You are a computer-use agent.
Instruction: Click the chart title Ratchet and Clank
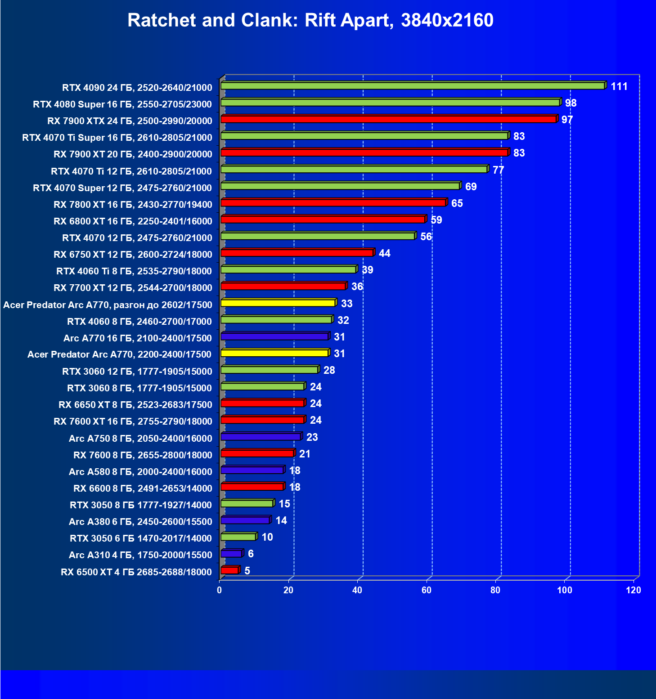click(x=310, y=20)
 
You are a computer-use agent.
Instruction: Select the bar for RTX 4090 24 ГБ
click(x=413, y=85)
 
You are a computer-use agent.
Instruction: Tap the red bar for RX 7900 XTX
click(x=388, y=119)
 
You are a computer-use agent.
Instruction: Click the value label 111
click(x=619, y=86)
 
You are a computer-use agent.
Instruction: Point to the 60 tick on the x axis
click(x=426, y=590)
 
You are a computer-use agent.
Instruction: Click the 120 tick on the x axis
click(x=633, y=590)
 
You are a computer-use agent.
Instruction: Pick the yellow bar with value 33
click(x=278, y=303)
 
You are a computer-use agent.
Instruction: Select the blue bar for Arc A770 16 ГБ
click(x=274, y=336)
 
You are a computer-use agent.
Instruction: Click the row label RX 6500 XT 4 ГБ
click(x=136, y=572)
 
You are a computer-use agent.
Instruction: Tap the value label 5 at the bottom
click(x=247, y=571)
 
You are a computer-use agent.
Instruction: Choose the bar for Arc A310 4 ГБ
click(x=231, y=553)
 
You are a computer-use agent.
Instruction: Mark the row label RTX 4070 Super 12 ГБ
click(x=122, y=188)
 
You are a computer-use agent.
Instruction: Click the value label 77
click(x=498, y=170)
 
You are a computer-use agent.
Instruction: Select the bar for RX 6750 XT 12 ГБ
click(x=297, y=253)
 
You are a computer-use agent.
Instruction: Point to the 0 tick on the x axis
click(x=220, y=590)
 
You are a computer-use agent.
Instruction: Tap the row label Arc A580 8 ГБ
click(x=140, y=472)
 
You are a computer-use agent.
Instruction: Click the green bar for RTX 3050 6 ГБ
click(x=238, y=537)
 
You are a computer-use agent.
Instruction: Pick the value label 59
click(x=436, y=220)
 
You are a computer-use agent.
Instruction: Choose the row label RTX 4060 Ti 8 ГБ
click(x=134, y=271)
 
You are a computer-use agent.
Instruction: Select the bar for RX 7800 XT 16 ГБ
click(x=333, y=203)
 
